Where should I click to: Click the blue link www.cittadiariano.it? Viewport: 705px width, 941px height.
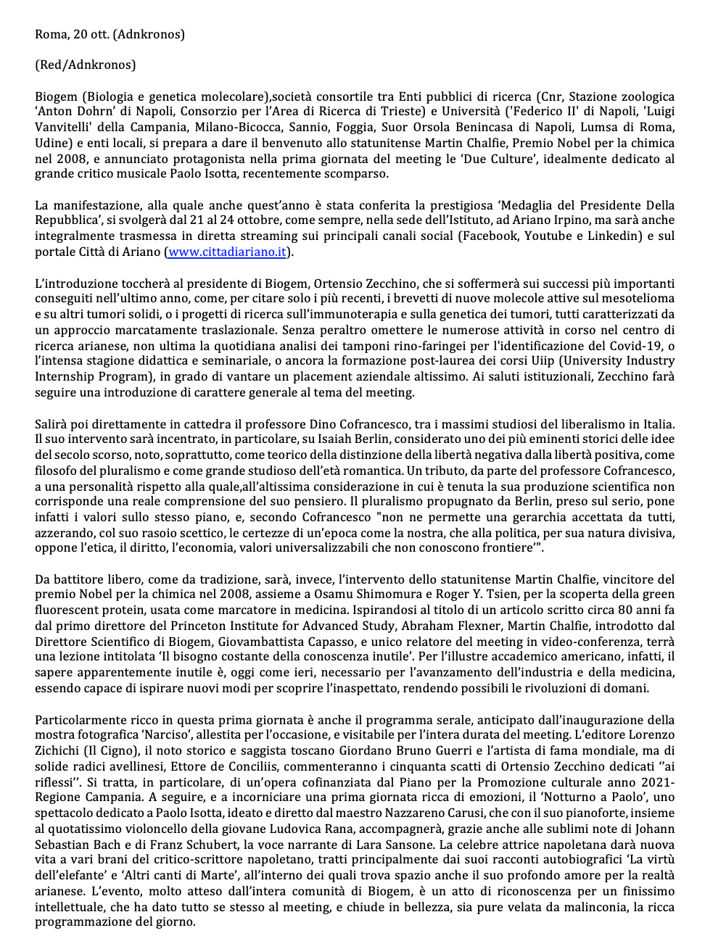pyautogui.click(x=227, y=252)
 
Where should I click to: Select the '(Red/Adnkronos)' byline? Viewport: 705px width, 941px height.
pyautogui.click(x=85, y=65)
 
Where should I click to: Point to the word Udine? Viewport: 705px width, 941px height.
pyautogui.click(x=51, y=143)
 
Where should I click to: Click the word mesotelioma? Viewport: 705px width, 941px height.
pyautogui.click(x=634, y=299)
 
